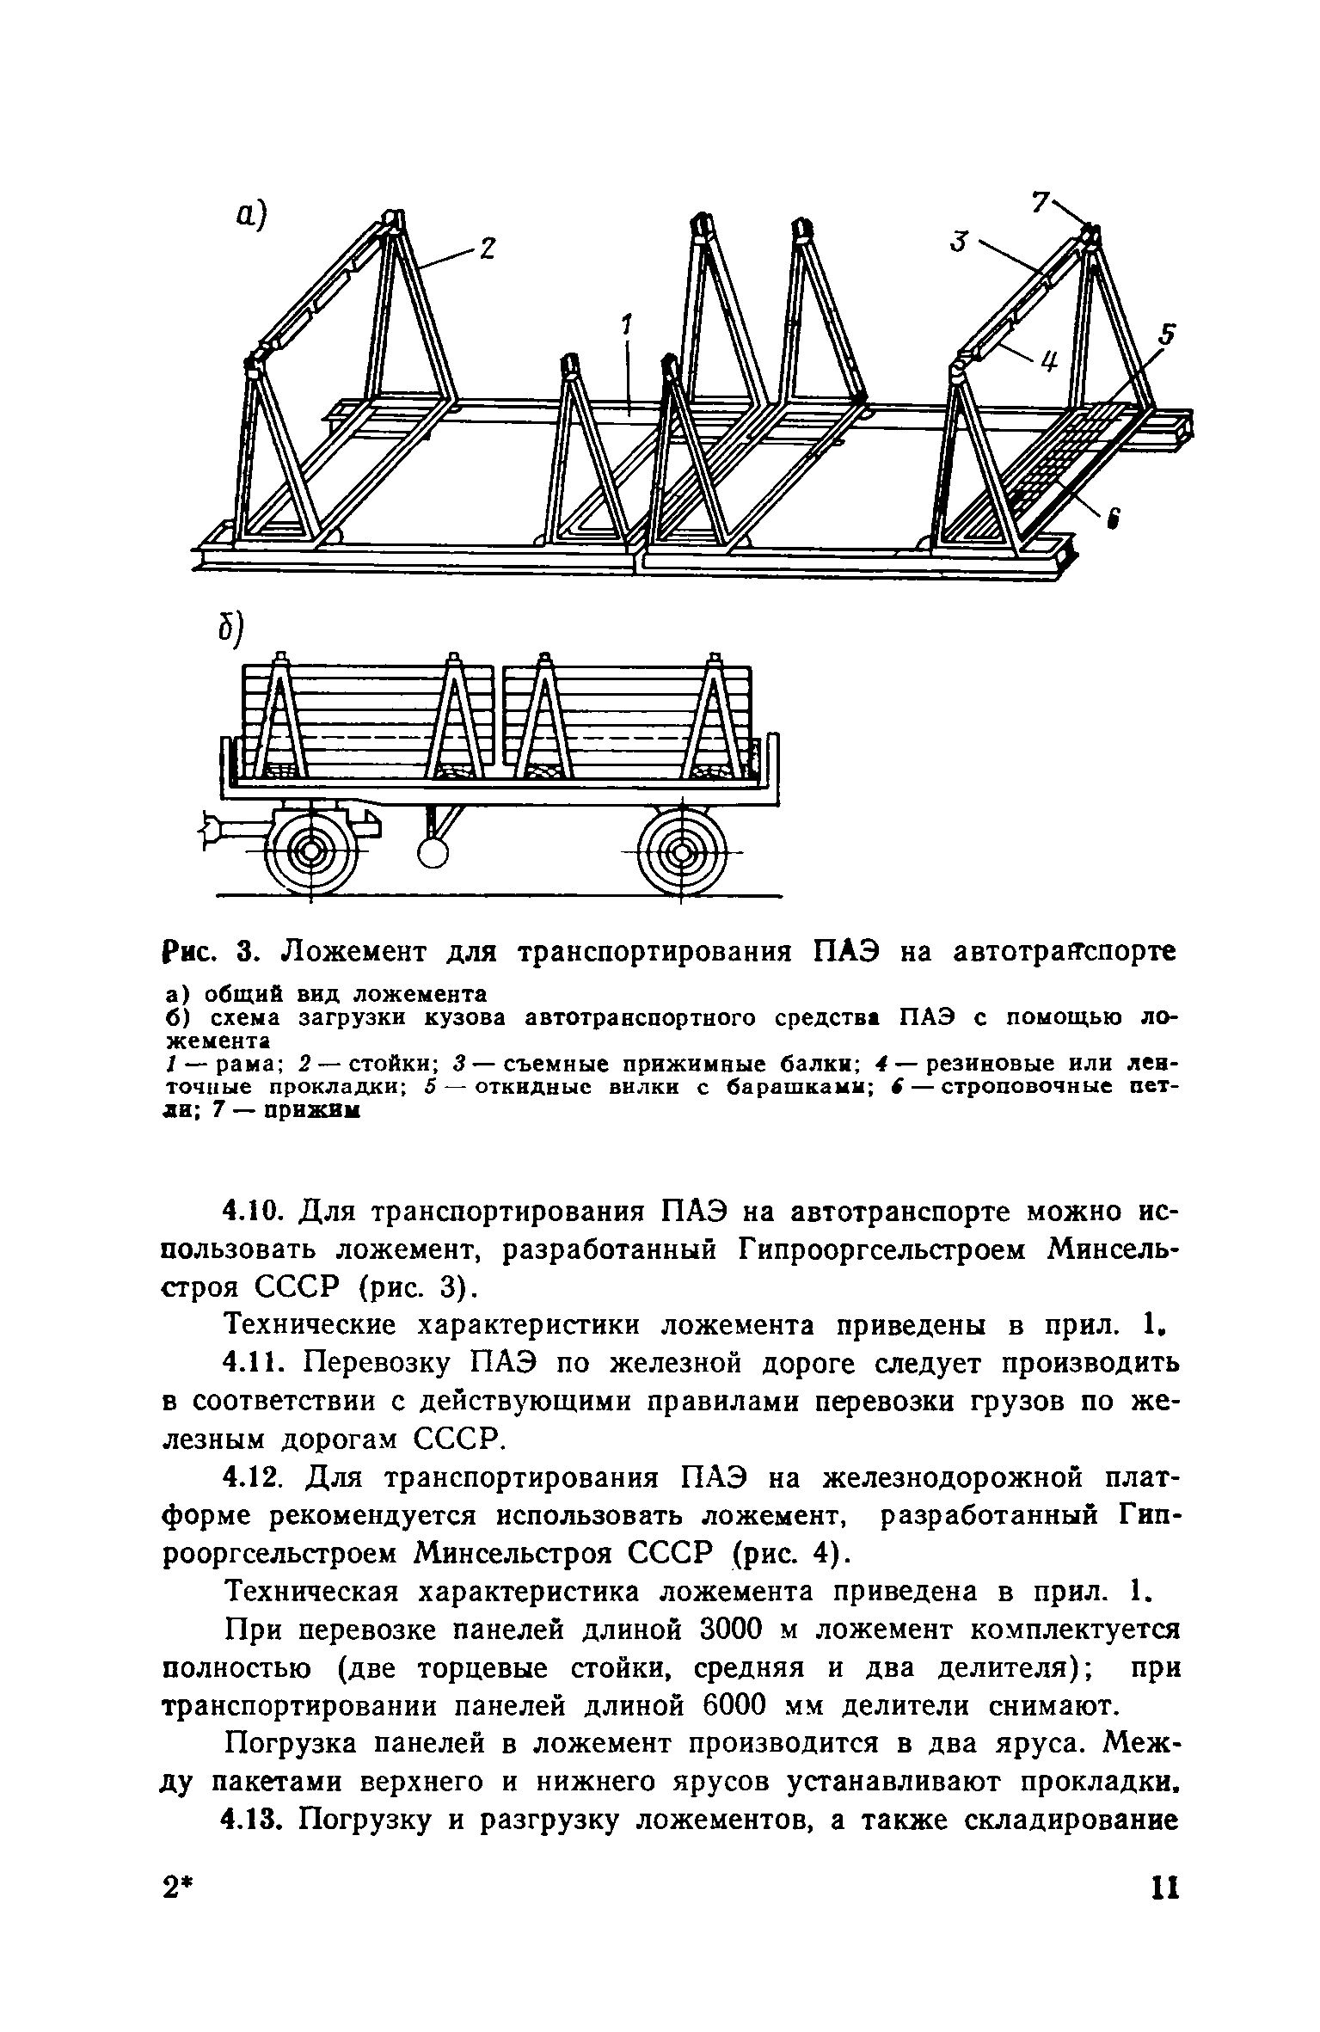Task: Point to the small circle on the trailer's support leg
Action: coord(433,851)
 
